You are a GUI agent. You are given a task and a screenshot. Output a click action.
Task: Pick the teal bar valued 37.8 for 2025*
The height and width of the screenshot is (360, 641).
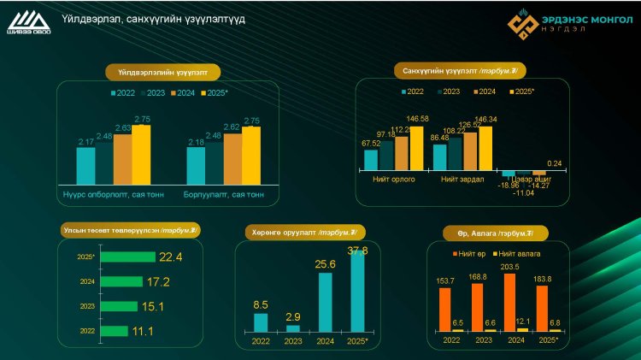pyautogui.click(x=357, y=291)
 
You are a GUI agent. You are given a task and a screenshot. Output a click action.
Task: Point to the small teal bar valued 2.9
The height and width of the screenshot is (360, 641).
pyautogui.click(x=293, y=328)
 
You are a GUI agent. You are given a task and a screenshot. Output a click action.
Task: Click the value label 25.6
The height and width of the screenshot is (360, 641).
pyautogui.click(x=324, y=265)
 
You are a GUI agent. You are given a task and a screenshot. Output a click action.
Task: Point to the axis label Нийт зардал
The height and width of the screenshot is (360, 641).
pyautogui.click(x=462, y=180)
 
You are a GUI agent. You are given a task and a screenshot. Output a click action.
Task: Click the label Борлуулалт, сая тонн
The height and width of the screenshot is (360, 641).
pyautogui.click(x=224, y=194)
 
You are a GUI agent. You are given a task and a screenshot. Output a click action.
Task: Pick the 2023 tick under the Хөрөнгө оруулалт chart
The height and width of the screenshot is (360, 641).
pyautogui.click(x=293, y=341)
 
